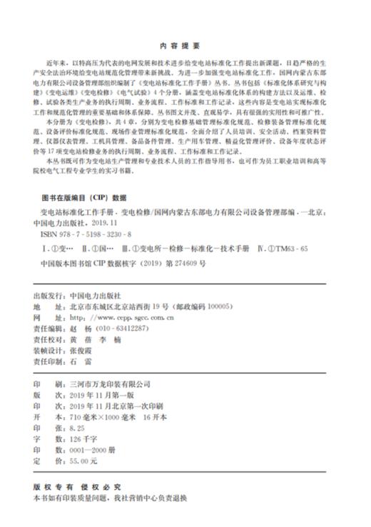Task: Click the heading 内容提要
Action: (185, 44)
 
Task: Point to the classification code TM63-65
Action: (293, 247)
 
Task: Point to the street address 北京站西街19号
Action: (143, 306)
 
